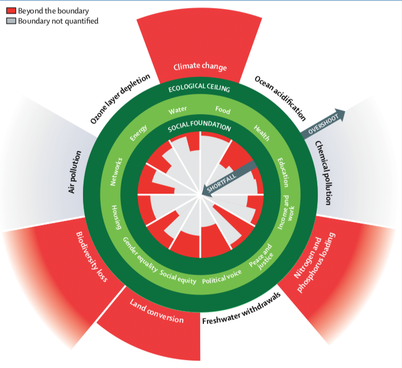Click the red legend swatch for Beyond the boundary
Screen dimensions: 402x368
[11, 11]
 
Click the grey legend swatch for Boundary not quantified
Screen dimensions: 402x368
[11, 21]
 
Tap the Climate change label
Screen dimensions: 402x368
[200, 67]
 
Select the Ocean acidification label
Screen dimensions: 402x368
[280, 98]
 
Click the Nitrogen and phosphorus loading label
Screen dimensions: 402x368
[315, 262]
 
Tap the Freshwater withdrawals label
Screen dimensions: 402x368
[241, 309]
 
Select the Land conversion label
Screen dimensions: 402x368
[157, 311]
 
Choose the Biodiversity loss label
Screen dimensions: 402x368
[92, 257]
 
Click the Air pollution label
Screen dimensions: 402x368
[75, 172]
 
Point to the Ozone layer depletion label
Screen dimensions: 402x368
[120, 99]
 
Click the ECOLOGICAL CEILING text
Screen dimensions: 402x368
[199, 87]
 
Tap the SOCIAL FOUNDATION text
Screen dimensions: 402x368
[200, 125]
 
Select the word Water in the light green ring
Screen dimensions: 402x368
[177, 110]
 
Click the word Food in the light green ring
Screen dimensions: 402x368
[223, 110]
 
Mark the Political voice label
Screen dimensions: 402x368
[222, 277]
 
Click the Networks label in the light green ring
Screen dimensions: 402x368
[116, 172]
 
